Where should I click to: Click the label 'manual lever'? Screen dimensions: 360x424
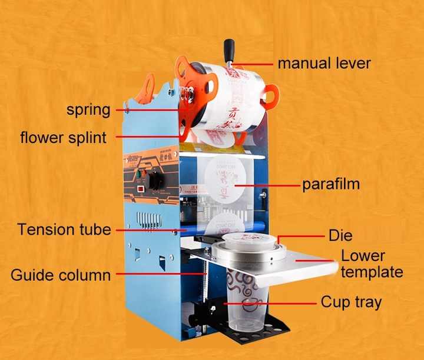324,63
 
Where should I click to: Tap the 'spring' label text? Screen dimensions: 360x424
88,109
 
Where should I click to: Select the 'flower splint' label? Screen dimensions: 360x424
64,138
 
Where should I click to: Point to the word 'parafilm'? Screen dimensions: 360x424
330,185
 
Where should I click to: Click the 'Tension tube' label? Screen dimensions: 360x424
64,229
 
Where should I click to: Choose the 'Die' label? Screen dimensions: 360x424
340,236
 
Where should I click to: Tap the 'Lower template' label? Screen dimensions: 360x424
372,264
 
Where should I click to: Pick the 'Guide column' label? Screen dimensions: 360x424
61,275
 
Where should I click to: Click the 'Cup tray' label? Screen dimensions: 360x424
351,302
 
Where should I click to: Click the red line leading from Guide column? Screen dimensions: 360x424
159,273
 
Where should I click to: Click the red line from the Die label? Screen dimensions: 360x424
300,236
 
